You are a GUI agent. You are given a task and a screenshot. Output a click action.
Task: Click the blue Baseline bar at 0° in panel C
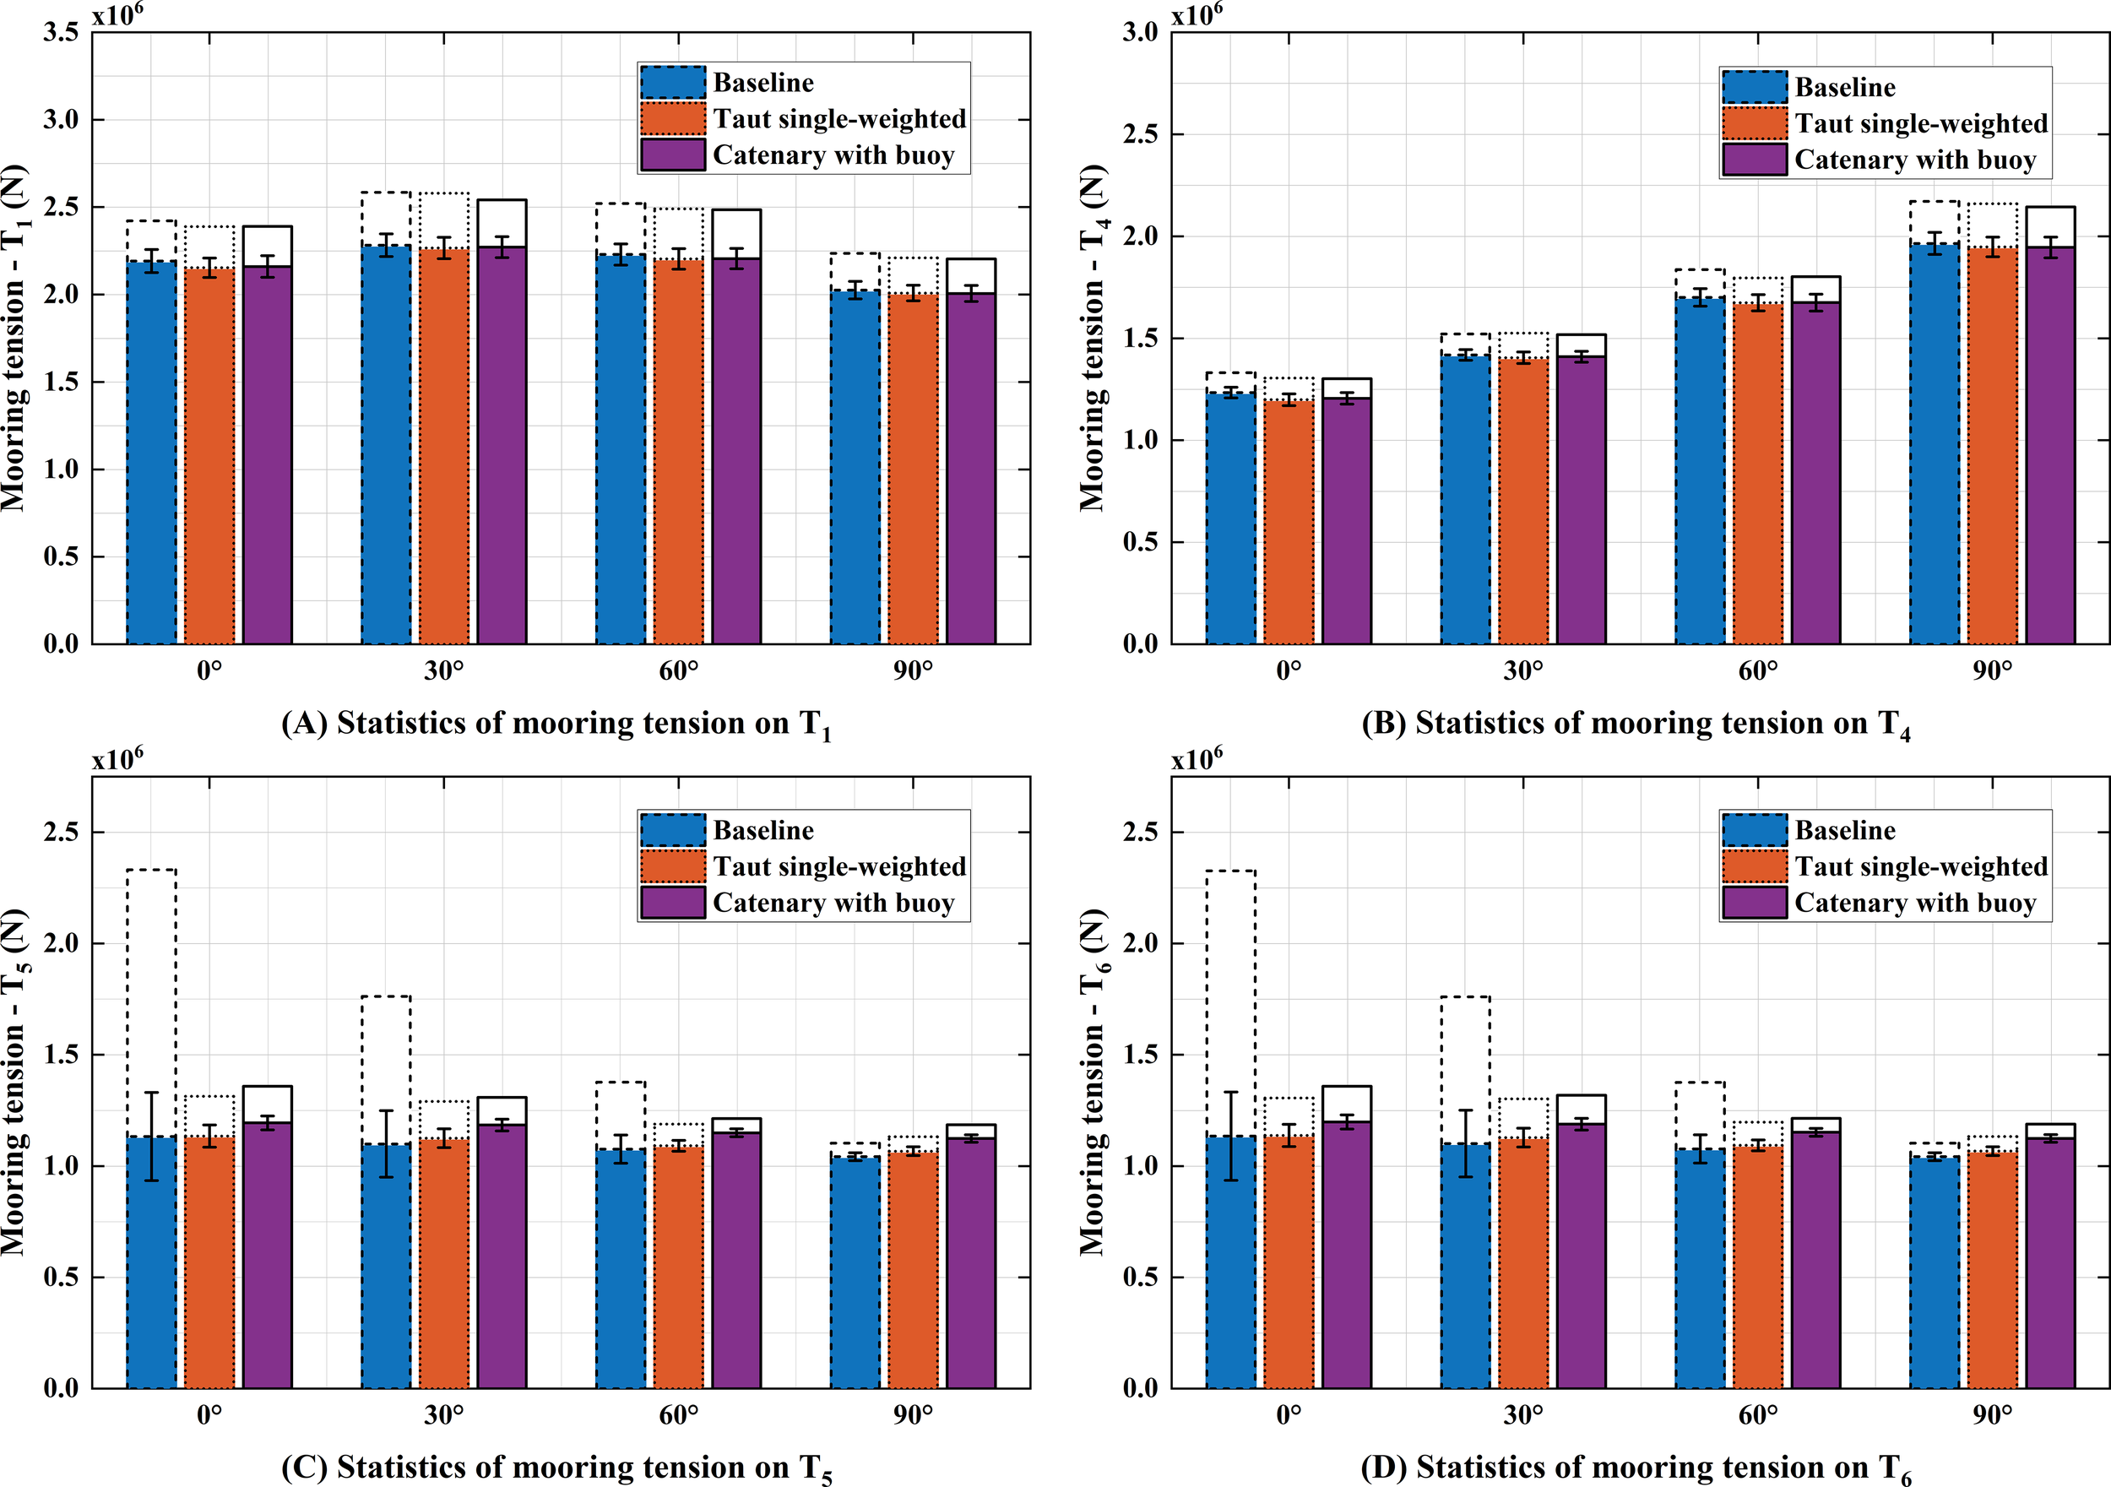(x=152, y=1269)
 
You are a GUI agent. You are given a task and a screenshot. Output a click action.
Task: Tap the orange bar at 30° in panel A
(x=444, y=451)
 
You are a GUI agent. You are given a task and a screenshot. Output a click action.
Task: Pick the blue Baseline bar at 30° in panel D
(x=1466, y=1269)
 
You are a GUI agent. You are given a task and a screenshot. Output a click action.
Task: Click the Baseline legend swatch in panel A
(x=673, y=83)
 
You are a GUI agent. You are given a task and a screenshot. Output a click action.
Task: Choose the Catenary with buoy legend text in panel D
(x=1915, y=903)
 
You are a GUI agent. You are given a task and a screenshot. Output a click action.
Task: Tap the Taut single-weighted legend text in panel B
(x=1921, y=123)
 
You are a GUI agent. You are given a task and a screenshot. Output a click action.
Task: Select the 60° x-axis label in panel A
(x=679, y=670)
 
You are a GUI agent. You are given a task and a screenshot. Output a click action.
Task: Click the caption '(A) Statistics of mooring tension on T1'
(x=556, y=724)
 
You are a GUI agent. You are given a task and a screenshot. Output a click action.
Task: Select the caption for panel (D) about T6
(x=1636, y=1468)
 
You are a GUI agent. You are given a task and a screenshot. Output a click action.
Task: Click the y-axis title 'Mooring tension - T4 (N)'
(x=1093, y=338)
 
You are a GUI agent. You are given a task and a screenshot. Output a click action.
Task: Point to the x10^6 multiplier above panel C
(x=117, y=760)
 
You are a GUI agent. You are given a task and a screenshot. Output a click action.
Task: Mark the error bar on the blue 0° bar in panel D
(x=1231, y=1136)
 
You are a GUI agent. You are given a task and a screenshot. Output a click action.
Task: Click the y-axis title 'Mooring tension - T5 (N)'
(x=14, y=1083)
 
